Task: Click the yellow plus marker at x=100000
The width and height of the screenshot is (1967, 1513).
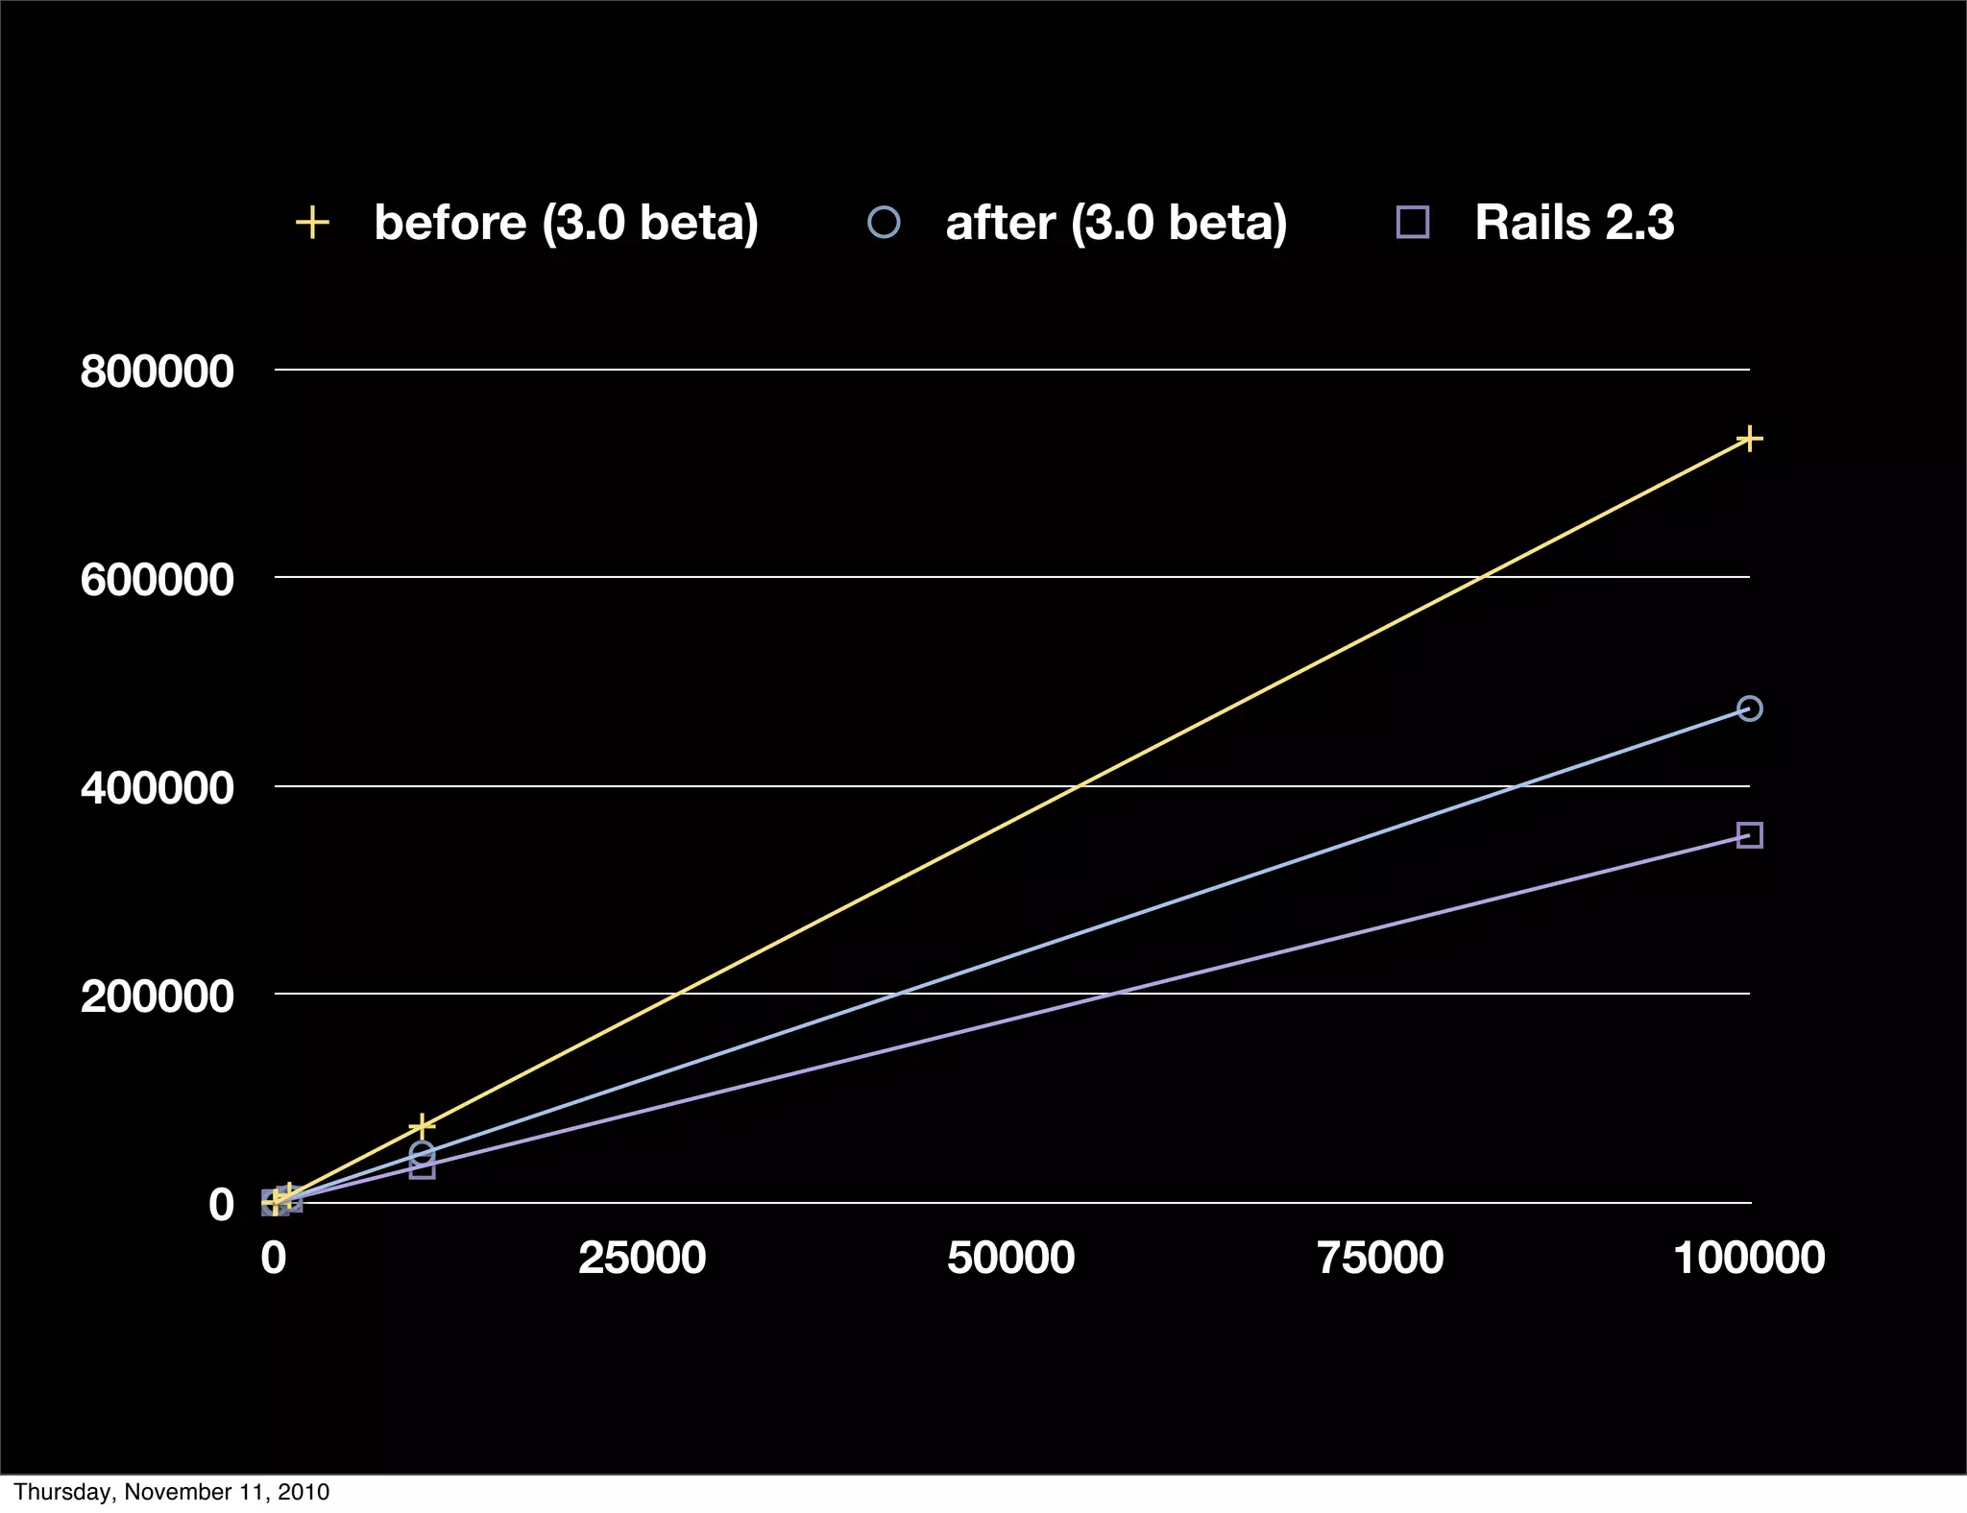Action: pos(1749,439)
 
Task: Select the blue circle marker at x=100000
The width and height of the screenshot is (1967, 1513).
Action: pos(1749,708)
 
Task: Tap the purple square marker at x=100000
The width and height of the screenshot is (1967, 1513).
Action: pos(1749,835)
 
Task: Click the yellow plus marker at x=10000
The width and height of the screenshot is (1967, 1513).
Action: pos(422,1126)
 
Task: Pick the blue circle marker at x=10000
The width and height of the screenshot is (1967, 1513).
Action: pos(422,1153)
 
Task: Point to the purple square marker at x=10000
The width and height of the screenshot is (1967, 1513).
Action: pos(422,1167)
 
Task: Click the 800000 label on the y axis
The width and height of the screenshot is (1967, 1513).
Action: pos(157,372)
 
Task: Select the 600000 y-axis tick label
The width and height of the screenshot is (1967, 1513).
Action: pos(157,580)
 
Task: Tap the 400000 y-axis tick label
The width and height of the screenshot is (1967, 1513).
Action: pos(157,788)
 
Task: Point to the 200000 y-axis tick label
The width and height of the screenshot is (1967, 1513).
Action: pos(157,997)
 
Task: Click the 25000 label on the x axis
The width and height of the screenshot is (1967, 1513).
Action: pos(642,1258)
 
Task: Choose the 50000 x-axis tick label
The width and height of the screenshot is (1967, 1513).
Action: pos(1010,1258)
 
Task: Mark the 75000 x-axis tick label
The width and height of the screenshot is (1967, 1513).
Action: pos(1380,1258)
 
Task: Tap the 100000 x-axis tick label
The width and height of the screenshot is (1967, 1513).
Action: pos(1749,1258)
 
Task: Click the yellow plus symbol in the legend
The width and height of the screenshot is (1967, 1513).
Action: pos(312,223)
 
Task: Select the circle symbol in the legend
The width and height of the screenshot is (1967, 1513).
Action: pos(884,223)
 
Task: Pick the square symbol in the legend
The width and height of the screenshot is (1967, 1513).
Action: pos(1412,223)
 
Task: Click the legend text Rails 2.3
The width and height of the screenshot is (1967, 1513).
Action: pos(1574,223)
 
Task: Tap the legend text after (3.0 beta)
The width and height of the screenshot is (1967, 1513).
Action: pos(1116,224)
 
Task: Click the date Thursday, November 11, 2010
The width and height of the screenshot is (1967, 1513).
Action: pos(171,1492)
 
